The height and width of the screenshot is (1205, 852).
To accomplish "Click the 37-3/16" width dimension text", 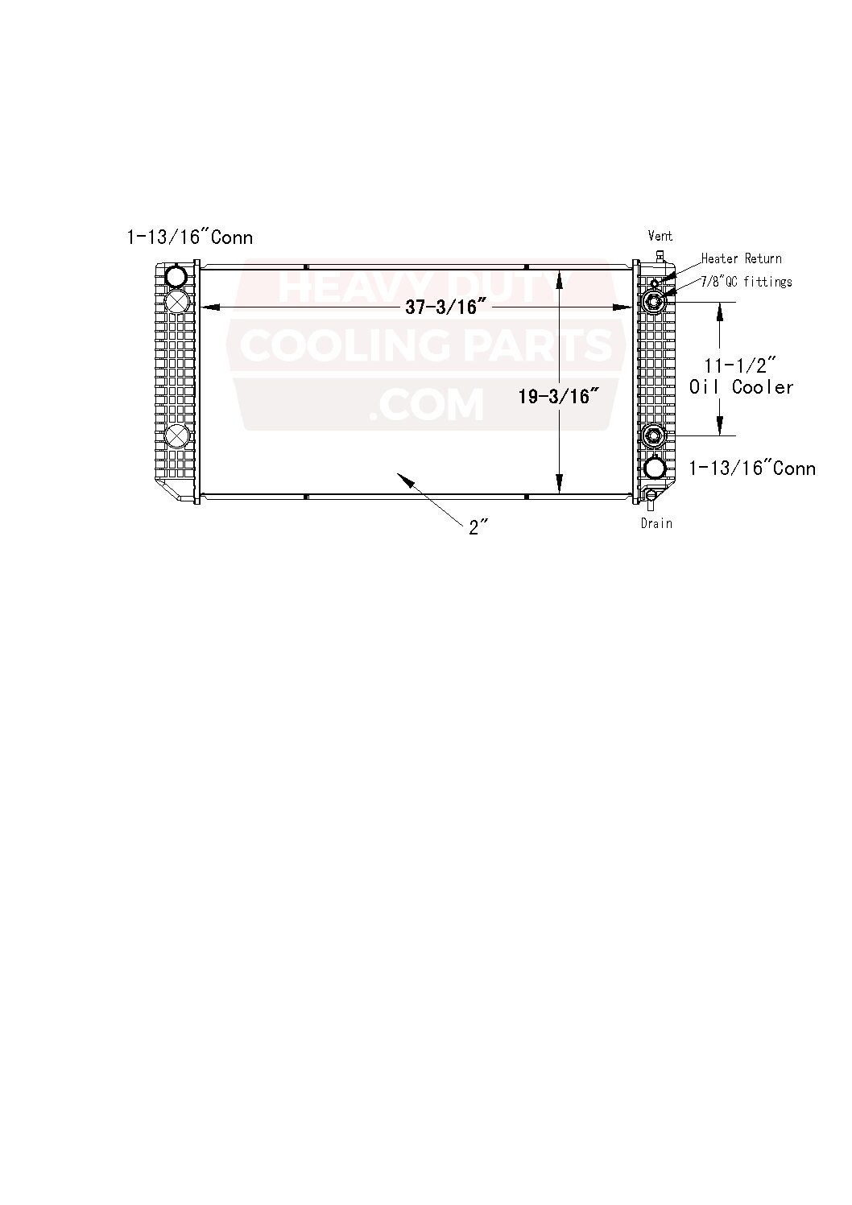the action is [x=441, y=307].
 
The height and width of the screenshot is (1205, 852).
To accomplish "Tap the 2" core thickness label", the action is [x=478, y=528].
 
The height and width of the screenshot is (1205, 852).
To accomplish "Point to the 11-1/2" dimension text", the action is [x=740, y=365].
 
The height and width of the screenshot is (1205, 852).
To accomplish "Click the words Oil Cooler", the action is [x=741, y=387].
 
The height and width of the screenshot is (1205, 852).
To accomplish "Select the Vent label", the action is [x=660, y=236].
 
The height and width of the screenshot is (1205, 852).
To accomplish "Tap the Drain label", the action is [x=656, y=523].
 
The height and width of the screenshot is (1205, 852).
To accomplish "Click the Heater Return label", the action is [x=741, y=258].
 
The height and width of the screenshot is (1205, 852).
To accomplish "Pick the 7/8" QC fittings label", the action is [x=746, y=282].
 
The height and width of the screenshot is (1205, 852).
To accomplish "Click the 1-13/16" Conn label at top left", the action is [x=190, y=237].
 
